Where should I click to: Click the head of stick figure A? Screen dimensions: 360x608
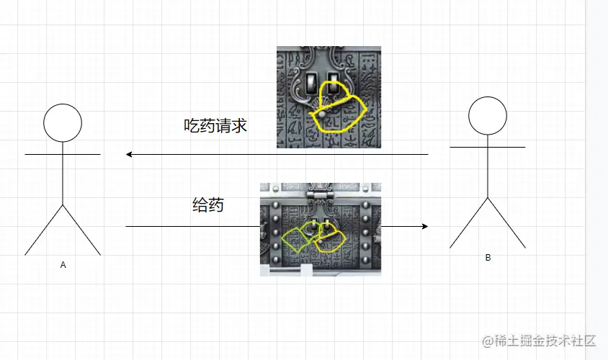[63, 123]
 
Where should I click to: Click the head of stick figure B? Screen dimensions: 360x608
[488, 116]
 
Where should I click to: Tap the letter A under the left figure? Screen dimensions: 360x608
[63, 265]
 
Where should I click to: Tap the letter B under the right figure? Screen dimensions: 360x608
[488, 257]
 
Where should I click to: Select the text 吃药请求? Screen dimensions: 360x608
[215, 125]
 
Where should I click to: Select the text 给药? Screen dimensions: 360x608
[207, 204]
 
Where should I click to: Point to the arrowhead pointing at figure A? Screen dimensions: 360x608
[129, 154]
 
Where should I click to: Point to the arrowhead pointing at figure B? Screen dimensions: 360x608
[425, 226]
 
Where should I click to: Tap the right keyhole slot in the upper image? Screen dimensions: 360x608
[334, 81]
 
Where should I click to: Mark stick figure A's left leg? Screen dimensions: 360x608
[45, 230]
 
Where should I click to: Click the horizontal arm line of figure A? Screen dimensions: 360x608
[63, 154]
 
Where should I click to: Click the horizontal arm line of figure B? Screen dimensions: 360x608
[488, 147]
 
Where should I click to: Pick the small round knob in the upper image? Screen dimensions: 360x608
[321, 114]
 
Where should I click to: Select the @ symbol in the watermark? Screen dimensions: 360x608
[487, 340]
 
